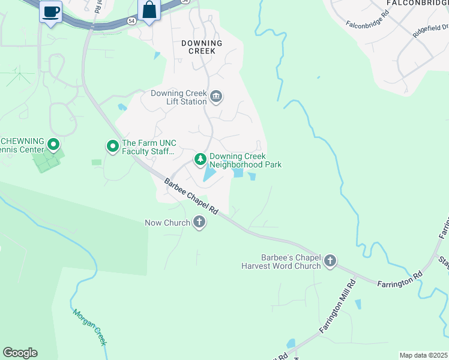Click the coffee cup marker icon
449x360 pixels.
click(x=51, y=11)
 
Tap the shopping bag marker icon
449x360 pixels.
click(x=148, y=10)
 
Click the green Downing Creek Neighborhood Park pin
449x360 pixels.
click(x=200, y=160)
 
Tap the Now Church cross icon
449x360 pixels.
click(x=199, y=223)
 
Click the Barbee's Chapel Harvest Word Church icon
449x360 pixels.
click(x=330, y=261)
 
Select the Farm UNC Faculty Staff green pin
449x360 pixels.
click(x=112, y=146)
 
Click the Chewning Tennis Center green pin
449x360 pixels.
click(x=53, y=145)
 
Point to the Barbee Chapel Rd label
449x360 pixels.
click(x=191, y=197)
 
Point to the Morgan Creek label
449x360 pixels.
click(x=89, y=327)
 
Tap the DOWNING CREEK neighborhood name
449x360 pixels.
click(x=202, y=47)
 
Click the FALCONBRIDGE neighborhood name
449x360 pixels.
click(x=417, y=3)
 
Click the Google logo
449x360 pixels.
click(x=20, y=353)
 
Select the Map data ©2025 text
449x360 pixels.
click(x=423, y=355)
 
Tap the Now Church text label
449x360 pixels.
click(x=167, y=223)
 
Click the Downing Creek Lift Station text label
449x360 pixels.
click(x=178, y=97)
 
